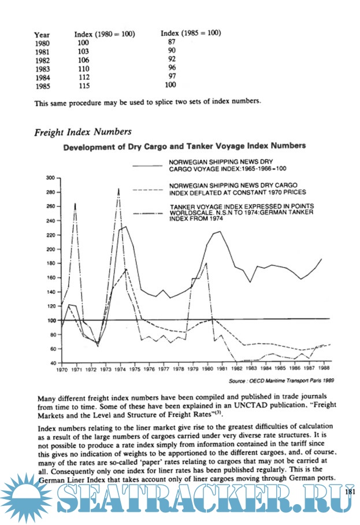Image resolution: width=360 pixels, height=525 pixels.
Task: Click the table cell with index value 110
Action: (83, 67)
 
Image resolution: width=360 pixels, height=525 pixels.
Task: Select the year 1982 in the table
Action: (42, 59)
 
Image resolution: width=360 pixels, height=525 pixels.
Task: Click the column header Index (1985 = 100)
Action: (190, 33)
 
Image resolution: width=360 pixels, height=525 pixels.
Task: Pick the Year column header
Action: (42, 35)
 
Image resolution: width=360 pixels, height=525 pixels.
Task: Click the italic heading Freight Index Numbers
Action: (82, 132)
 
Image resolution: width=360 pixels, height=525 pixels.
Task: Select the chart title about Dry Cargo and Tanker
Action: (184, 147)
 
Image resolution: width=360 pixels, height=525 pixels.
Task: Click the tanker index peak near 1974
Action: (118, 188)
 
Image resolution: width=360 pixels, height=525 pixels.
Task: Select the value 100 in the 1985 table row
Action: (170, 85)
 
